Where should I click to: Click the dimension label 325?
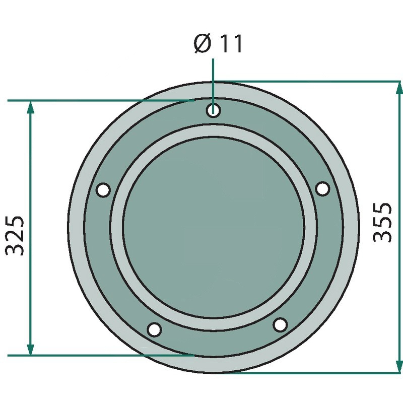point(15,236)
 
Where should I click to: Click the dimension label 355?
point(382,223)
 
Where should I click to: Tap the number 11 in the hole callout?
point(231,44)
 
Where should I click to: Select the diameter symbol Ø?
point(203,44)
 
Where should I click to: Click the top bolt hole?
point(213,110)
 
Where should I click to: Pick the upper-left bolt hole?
point(103,190)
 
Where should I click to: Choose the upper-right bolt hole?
point(322,188)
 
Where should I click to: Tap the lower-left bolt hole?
point(154,329)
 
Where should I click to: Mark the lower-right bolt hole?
point(280,324)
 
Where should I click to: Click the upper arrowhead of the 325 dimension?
point(30,107)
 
